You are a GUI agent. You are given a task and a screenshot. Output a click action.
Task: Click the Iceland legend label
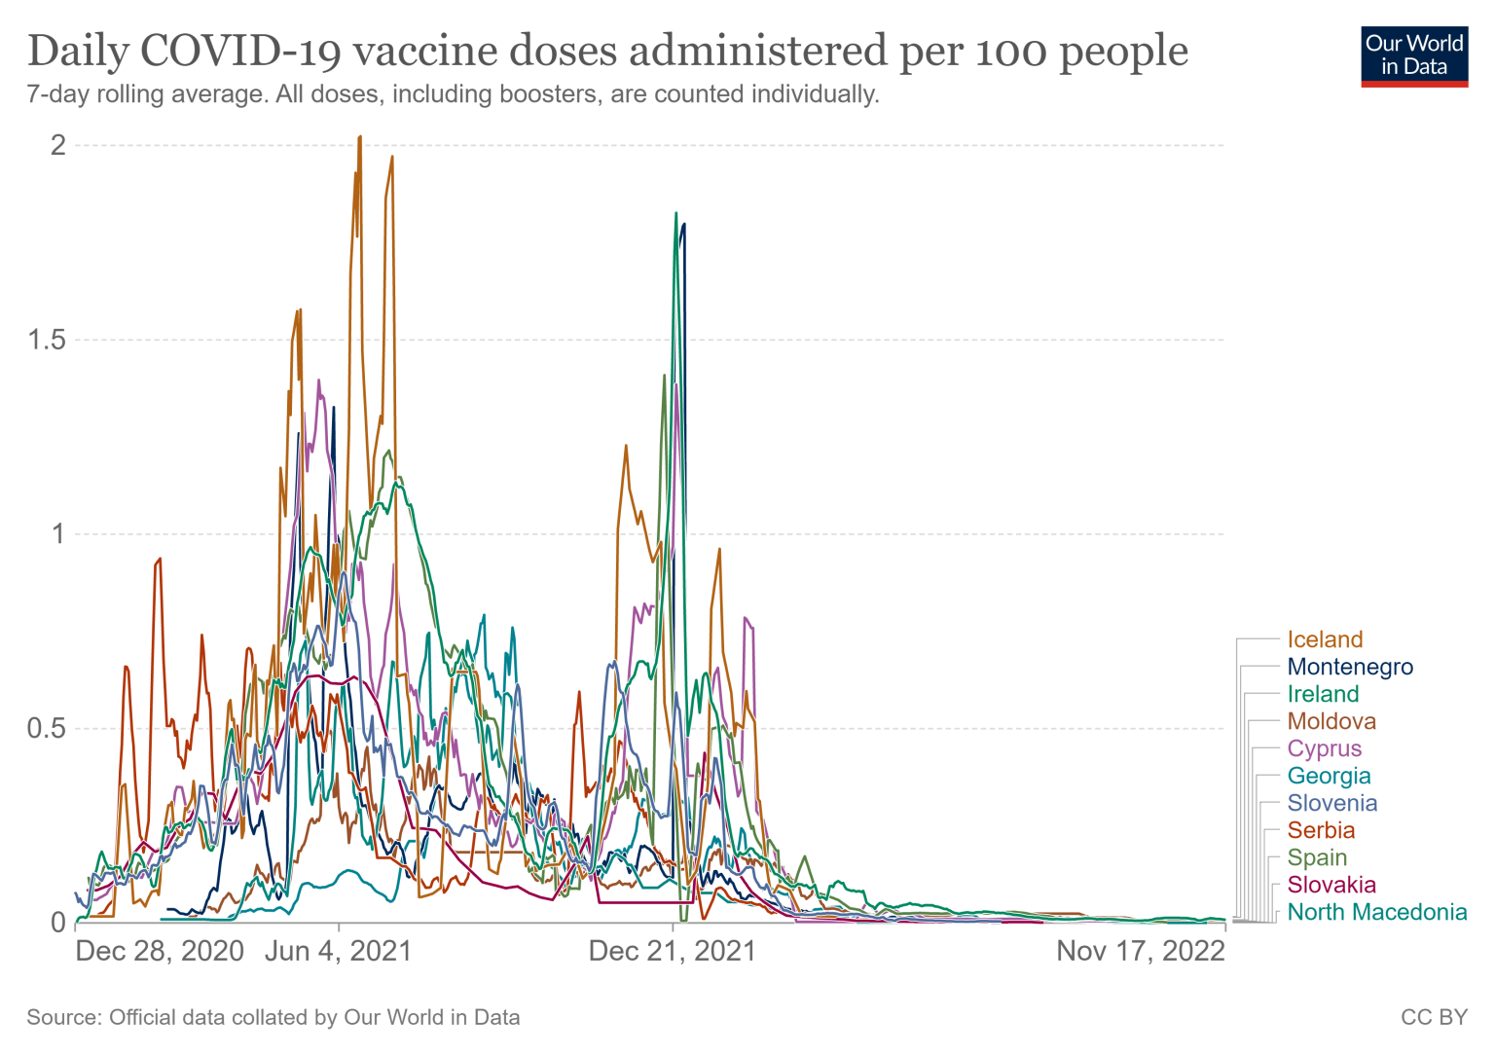tap(1325, 639)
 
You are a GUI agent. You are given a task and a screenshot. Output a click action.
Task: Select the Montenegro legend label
tap(1350, 667)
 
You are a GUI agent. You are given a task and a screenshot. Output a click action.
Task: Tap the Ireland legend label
tap(1323, 694)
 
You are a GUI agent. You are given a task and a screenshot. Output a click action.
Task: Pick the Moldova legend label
tap(1331, 721)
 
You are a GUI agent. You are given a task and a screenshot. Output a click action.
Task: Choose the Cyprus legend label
tap(1325, 748)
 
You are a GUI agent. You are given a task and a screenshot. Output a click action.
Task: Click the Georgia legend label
tap(1329, 776)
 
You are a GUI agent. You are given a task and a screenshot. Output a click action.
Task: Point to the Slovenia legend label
tap(1332, 803)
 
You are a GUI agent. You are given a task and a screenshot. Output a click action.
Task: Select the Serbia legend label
tap(1321, 830)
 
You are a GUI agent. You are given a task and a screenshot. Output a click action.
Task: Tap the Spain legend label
tap(1317, 857)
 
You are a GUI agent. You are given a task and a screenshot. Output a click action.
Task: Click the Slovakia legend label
tap(1331, 885)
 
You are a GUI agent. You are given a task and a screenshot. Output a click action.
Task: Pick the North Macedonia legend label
tap(1377, 912)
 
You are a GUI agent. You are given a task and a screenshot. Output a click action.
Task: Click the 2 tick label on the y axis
tap(58, 145)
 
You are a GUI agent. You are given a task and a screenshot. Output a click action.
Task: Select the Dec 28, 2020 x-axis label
tap(160, 951)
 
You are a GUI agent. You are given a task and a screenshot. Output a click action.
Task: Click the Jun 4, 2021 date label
tap(338, 951)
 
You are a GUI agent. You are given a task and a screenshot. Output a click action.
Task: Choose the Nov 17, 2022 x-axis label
tap(1141, 951)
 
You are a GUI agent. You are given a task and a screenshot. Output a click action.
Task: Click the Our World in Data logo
tap(1414, 55)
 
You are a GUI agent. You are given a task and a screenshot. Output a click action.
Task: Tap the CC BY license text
tap(1434, 1017)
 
